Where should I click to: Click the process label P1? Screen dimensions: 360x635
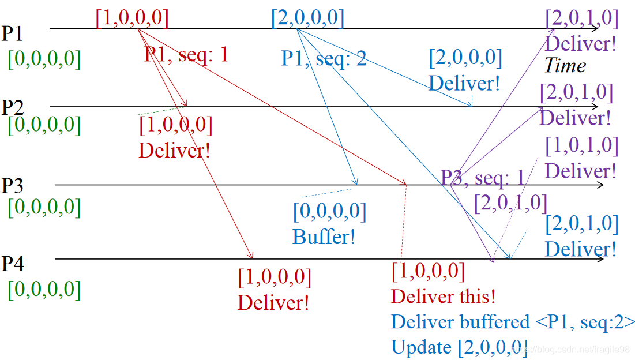click(12, 33)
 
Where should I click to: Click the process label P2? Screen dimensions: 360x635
click(12, 107)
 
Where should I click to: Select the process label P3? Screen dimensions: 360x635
click(12, 186)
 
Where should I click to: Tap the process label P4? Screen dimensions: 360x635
click(12, 264)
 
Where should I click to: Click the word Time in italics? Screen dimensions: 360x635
click(565, 66)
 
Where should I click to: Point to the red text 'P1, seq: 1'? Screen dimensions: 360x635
click(186, 54)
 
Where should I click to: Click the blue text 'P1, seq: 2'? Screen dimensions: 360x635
click(324, 58)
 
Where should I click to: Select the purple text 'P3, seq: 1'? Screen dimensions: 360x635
click(483, 178)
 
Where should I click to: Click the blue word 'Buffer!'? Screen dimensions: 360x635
click(324, 237)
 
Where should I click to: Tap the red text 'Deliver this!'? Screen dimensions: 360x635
click(443, 297)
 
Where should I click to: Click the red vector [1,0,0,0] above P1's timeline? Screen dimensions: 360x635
click(132, 18)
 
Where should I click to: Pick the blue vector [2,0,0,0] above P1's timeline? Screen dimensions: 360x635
click(307, 18)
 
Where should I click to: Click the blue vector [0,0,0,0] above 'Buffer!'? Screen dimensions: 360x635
click(329, 212)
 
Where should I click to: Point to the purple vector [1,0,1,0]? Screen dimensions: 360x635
click(581, 145)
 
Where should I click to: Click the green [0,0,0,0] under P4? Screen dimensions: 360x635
click(44, 289)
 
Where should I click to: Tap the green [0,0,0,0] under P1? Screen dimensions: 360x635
click(44, 59)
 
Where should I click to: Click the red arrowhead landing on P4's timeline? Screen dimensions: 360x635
click(251, 256)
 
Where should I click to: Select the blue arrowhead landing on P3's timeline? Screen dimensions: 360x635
click(357, 182)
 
